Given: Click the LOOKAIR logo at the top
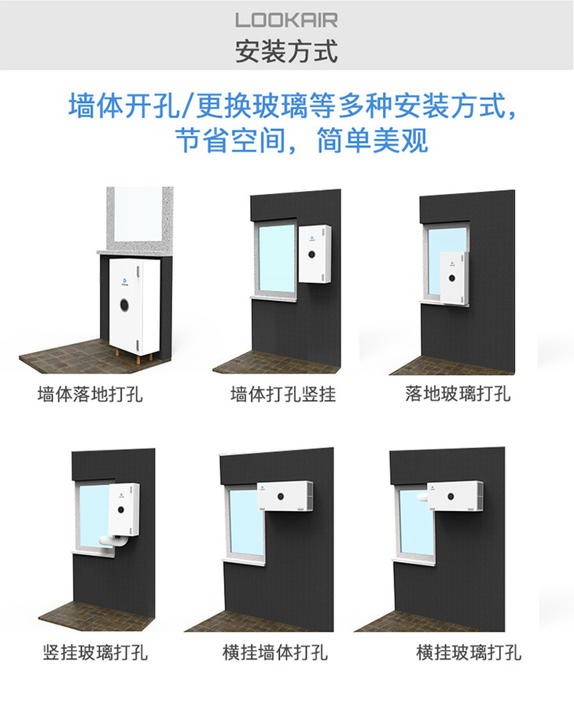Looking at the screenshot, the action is point(286,20).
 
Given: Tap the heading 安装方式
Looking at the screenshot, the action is point(286,51).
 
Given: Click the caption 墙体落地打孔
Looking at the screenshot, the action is point(90,394).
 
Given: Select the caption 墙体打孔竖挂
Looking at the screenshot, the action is point(283,394).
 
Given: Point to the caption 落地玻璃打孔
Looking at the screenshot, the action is point(458,394).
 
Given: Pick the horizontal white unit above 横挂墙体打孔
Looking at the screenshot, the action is point(284,497).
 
